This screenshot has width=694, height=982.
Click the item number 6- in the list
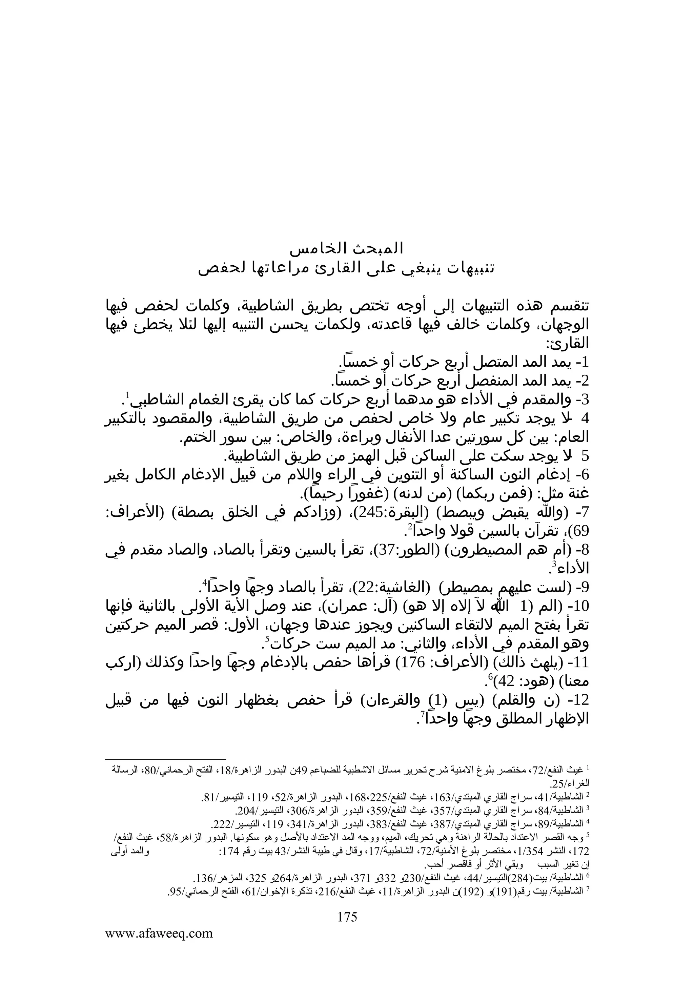581,475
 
